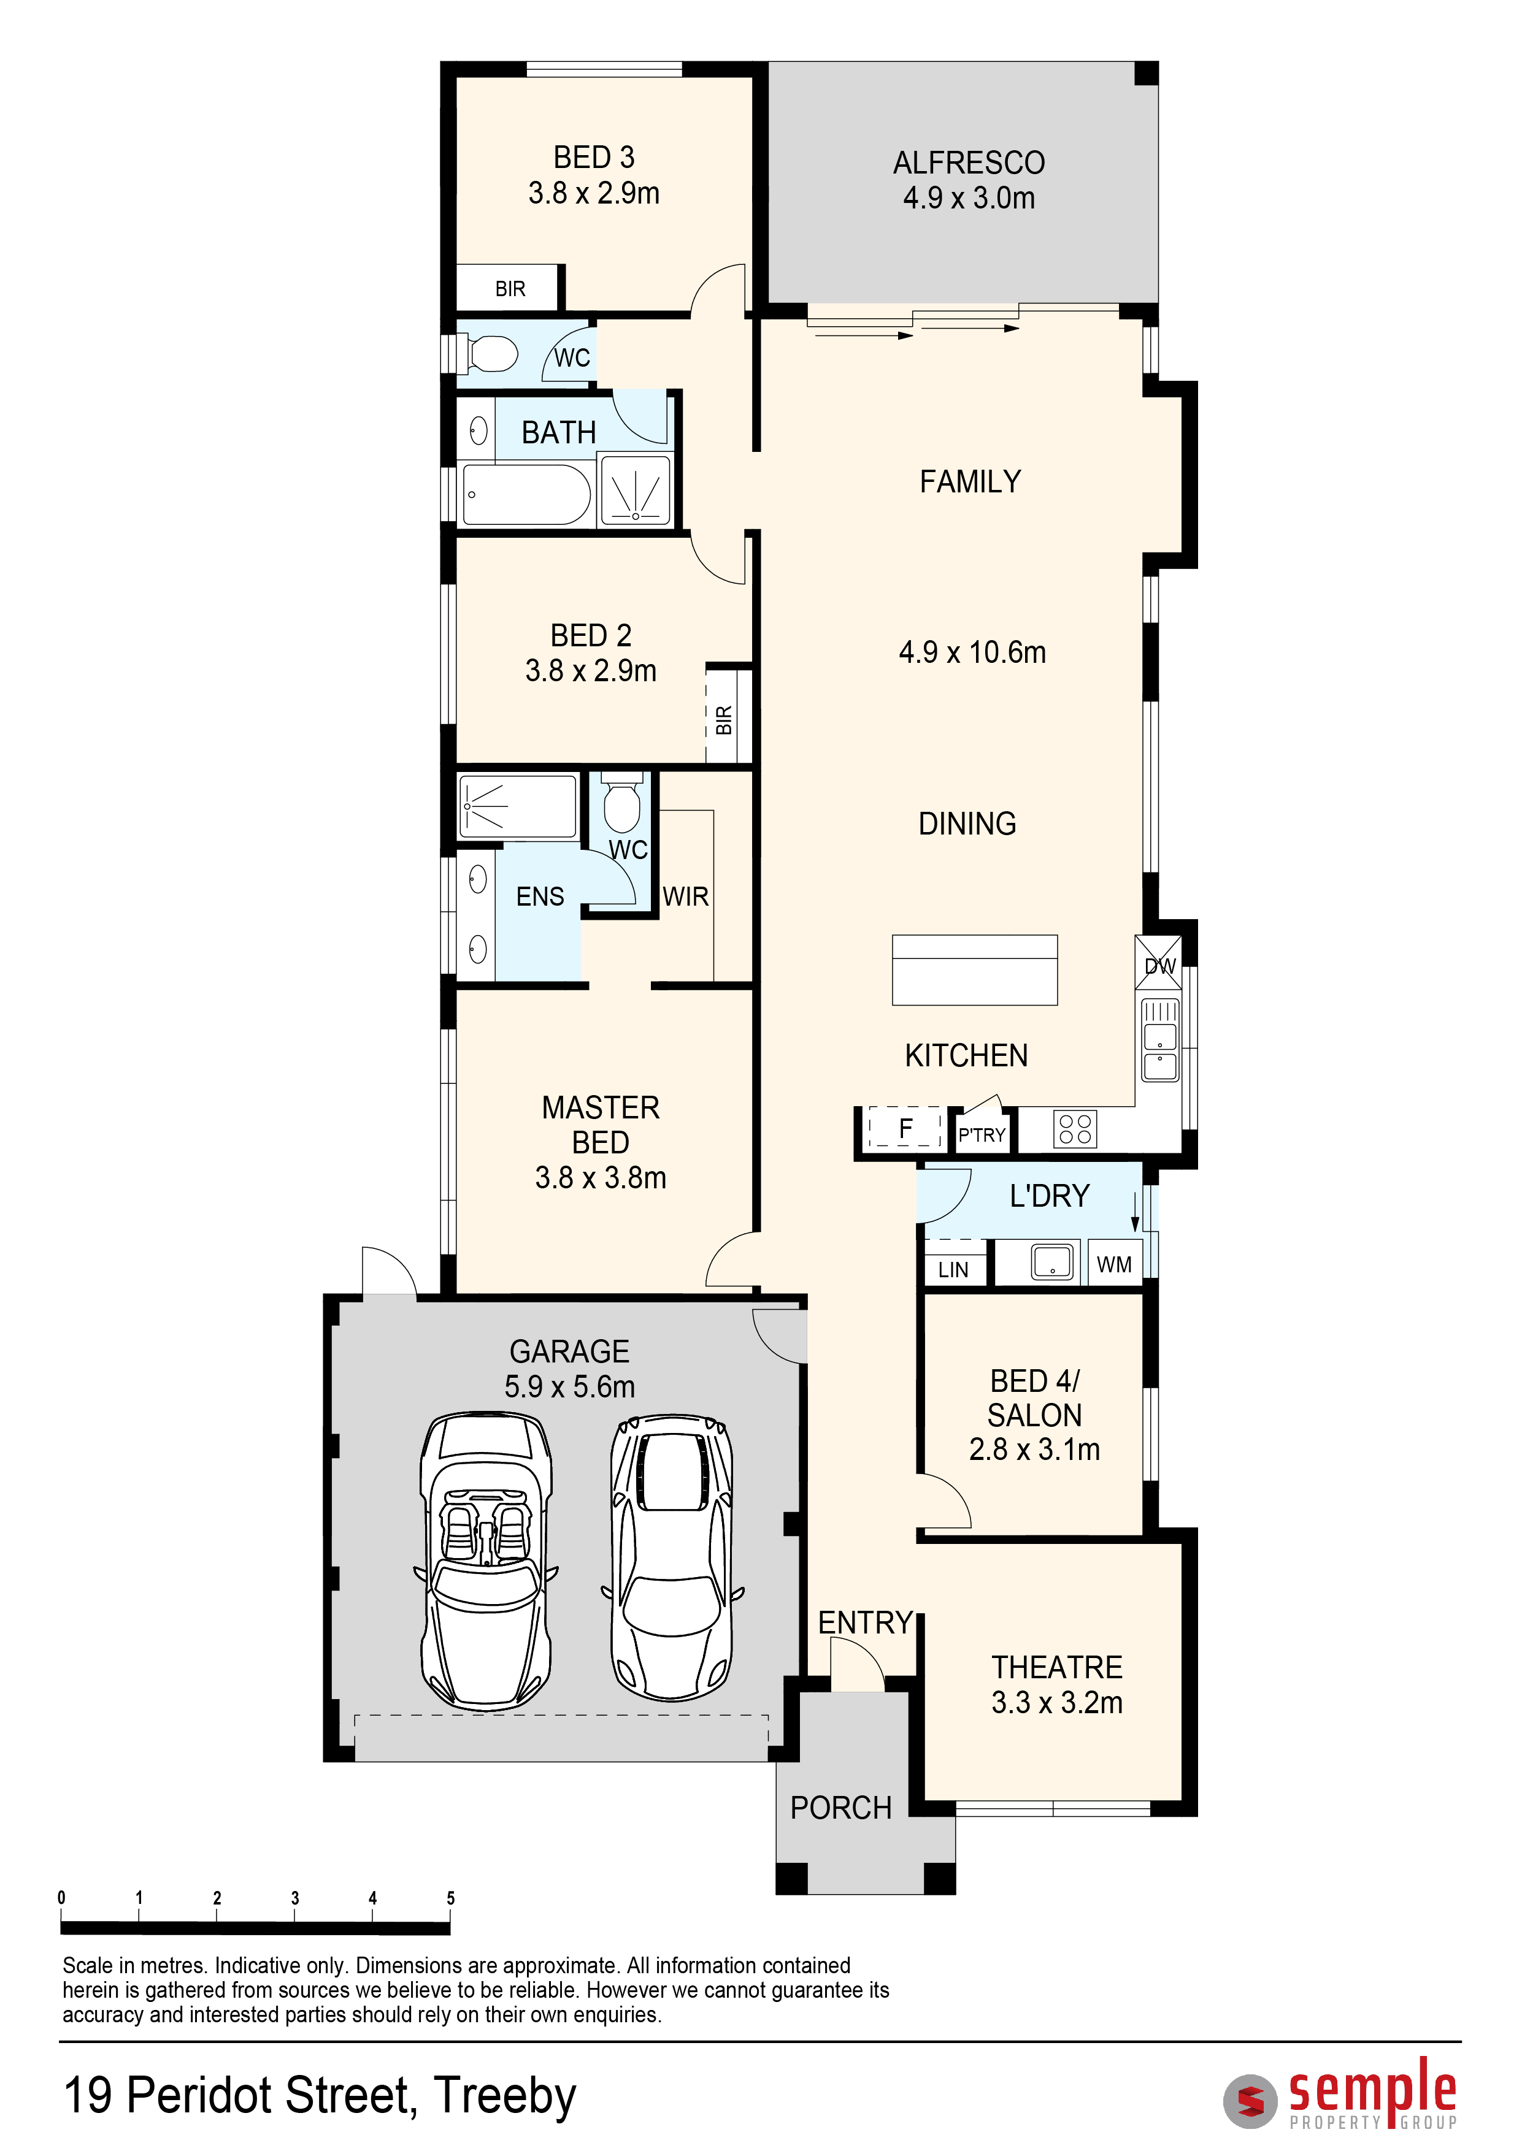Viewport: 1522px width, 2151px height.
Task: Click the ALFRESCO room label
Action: [969, 163]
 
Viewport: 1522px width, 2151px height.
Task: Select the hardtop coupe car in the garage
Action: [672, 1557]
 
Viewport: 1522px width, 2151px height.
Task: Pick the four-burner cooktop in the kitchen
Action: [1075, 1129]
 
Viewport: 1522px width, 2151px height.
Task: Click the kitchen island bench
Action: [975, 969]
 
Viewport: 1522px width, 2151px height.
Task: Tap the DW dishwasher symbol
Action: [1159, 962]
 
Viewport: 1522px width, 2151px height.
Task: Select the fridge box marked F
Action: [905, 1128]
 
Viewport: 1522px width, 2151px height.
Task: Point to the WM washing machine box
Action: [1114, 1264]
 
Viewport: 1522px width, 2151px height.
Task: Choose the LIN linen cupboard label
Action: [953, 1269]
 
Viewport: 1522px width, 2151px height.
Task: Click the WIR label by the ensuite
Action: [685, 896]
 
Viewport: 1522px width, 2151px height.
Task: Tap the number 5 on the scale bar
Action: [451, 1897]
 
